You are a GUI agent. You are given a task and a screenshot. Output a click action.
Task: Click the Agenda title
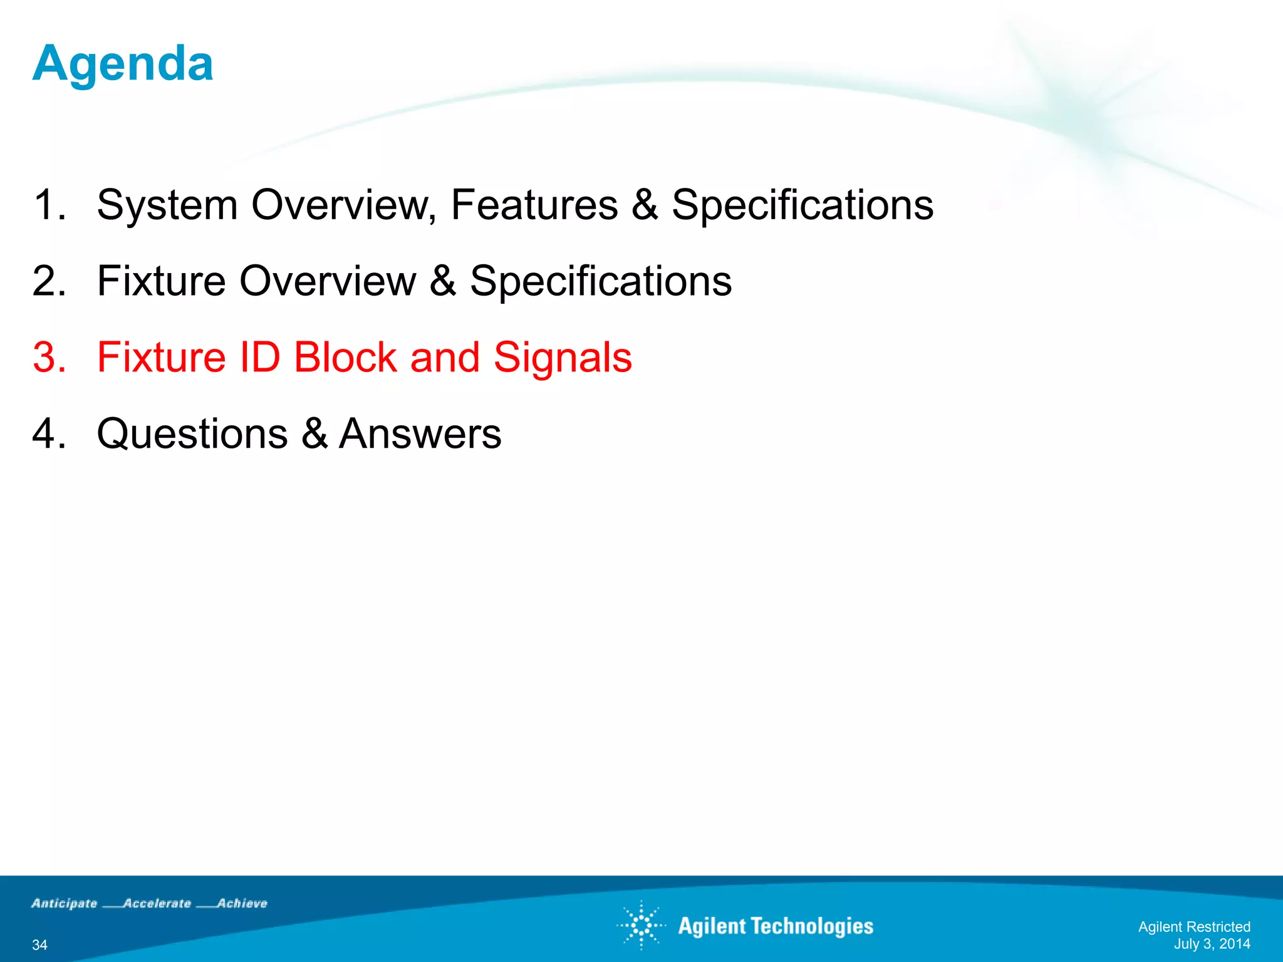pos(123,64)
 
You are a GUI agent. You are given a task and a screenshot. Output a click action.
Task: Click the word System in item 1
pos(167,205)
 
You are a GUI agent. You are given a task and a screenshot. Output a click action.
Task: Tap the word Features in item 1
pos(534,205)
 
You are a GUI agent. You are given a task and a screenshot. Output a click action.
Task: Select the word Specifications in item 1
pos(802,205)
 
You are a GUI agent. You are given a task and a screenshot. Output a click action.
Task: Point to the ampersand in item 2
pos(442,281)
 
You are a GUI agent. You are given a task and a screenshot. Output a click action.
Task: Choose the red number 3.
pos(49,358)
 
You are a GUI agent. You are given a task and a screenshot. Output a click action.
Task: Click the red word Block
pos(345,358)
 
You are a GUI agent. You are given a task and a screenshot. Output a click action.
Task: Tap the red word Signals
pos(562,358)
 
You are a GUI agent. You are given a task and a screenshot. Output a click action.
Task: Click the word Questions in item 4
pos(192,434)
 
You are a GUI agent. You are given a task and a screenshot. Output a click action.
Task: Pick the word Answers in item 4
pos(420,434)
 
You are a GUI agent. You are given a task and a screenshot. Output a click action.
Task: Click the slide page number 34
pos(39,944)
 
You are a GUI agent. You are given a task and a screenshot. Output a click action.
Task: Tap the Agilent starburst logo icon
pos(641,925)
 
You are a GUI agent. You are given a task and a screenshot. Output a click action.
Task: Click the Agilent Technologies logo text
pos(775,926)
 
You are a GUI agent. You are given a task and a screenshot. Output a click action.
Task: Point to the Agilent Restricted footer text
pos(1193,927)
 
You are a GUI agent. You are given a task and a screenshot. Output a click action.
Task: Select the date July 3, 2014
pos(1212,944)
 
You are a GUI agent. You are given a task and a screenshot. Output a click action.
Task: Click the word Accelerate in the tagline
pos(157,903)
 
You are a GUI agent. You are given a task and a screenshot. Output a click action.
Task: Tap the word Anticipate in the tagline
pos(65,903)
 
